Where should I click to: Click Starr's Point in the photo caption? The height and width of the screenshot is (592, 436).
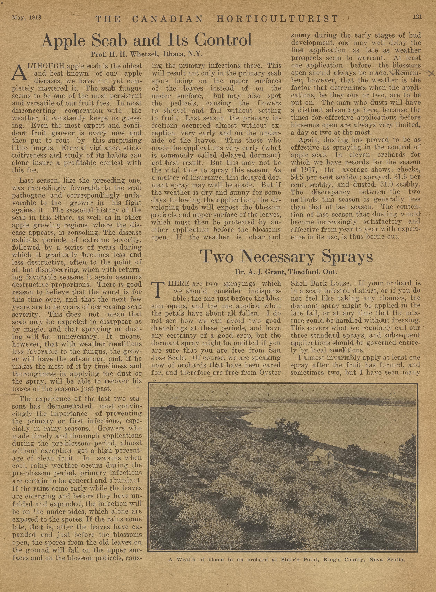(297, 573)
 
